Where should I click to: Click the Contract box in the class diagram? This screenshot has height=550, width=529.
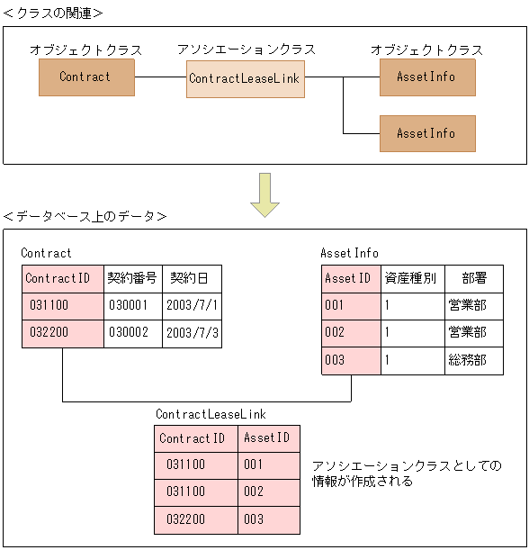[x=86, y=77]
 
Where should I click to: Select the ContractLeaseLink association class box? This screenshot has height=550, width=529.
[x=245, y=79]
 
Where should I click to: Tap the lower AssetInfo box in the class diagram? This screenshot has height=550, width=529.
[x=427, y=133]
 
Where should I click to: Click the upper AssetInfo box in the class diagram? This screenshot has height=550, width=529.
[x=427, y=77]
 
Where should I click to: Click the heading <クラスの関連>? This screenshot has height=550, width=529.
[x=53, y=13]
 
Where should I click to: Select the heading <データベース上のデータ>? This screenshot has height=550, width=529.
[x=85, y=217]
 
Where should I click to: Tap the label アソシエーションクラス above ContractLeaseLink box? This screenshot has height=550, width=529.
[x=244, y=50]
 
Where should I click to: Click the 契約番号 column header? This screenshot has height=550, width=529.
[x=131, y=278]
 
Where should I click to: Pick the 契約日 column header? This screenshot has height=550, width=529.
[x=191, y=278]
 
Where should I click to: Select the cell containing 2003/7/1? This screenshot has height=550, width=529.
[x=192, y=305]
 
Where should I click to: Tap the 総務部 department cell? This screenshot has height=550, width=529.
[x=467, y=360]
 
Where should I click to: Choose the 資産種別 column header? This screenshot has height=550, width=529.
[x=410, y=278]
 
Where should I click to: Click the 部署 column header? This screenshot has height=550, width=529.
[x=473, y=278]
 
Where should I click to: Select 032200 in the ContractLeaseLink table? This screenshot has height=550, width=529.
[x=185, y=519]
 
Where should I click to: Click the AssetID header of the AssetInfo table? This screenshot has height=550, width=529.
[x=350, y=278]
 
